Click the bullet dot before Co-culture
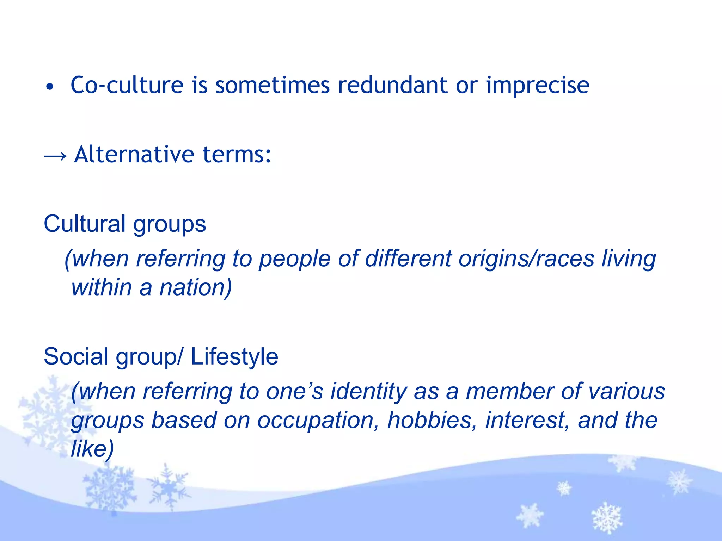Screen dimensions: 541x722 click(50, 87)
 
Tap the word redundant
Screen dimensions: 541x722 click(392, 85)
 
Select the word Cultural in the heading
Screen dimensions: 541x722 click(85, 224)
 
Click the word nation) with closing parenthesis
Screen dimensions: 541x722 click(196, 288)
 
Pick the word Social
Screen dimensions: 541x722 click(76, 356)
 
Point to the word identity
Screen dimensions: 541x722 click(368, 392)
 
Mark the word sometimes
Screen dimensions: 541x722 click(273, 85)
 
